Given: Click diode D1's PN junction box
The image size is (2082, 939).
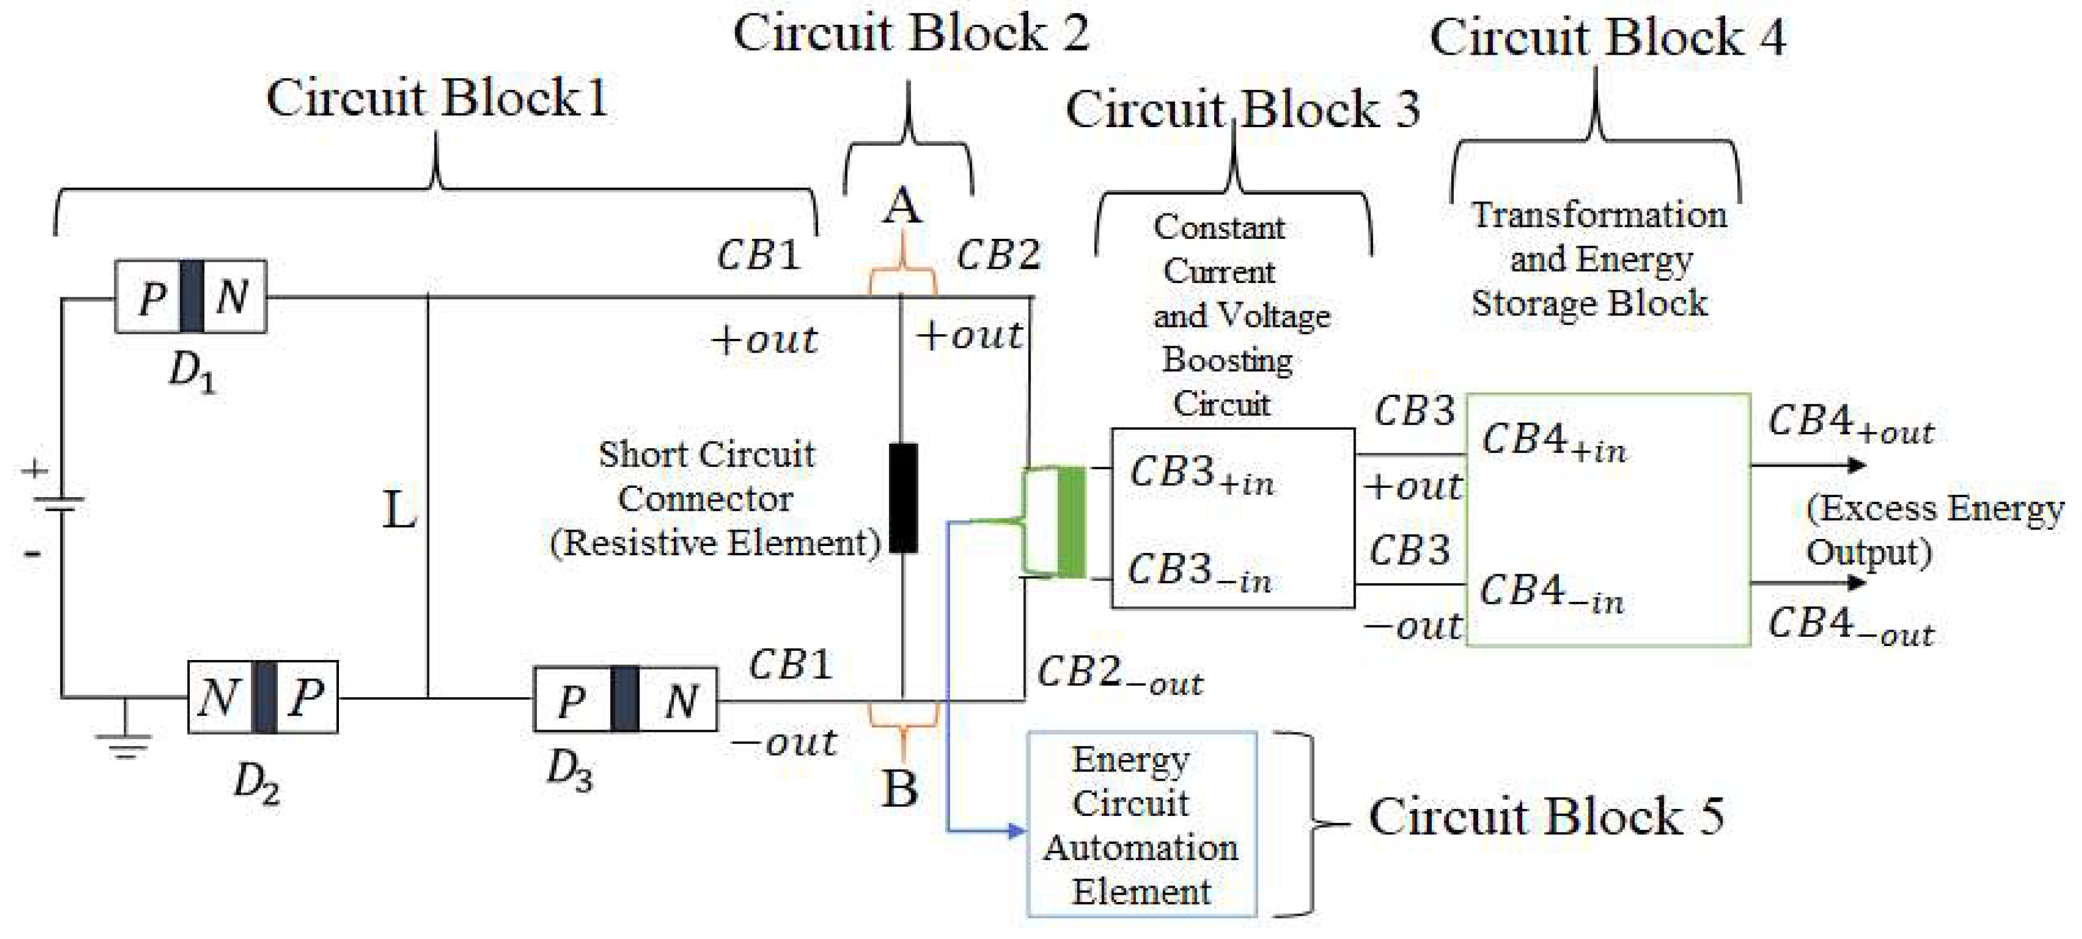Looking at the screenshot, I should pyautogui.click(x=190, y=296).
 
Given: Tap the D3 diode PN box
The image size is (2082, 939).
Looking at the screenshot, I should pyautogui.click(x=625, y=699).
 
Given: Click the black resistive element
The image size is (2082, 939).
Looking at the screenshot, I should pyautogui.click(x=903, y=498).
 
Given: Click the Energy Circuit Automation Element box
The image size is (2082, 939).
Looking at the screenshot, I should pyautogui.click(x=1141, y=825).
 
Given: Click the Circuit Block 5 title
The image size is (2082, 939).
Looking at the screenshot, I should pyautogui.click(x=1545, y=816).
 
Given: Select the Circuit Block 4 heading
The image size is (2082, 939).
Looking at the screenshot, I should pyautogui.click(x=1607, y=37).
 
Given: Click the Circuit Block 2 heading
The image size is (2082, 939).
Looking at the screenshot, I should pyautogui.click(x=911, y=34).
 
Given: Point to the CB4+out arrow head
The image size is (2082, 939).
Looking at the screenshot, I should pyautogui.click(x=1858, y=465).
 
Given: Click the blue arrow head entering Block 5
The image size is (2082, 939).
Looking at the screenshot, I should pyautogui.click(x=1017, y=830).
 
